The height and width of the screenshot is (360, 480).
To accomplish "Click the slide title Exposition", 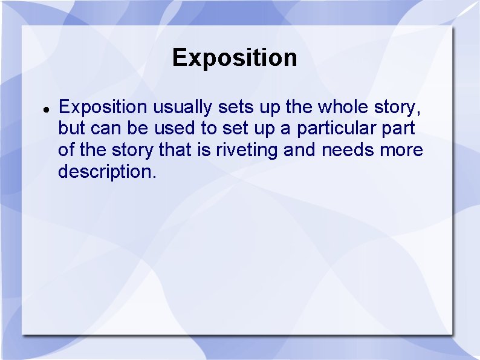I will [x=235, y=58].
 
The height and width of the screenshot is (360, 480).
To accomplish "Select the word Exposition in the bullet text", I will [x=103, y=108].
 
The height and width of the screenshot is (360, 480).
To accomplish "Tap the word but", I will [x=70, y=129].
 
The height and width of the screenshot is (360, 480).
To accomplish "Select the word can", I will [x=101, y=129].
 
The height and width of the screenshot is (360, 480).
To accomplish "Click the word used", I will [x=172, y=129].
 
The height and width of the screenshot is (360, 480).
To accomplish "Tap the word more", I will [x=401, y=150].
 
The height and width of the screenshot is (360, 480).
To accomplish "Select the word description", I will [x=106, y=172].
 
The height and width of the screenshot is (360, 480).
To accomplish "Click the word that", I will [x=175, y=150].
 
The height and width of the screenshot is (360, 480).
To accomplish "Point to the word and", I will [x=300, y=150].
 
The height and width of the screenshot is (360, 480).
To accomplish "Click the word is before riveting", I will [x=204, y=150].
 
